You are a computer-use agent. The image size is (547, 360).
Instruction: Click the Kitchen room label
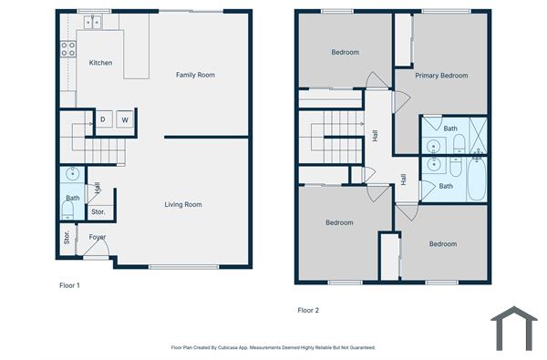[100, 63]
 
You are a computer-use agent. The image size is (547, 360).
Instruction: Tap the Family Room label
[195, 75]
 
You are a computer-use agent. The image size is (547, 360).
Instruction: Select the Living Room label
[182, 204]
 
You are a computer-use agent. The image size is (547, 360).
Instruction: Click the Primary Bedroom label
[441, 76]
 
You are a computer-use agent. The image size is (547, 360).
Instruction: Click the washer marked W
[124, 119]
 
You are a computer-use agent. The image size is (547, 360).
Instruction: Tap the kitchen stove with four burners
[68, 49]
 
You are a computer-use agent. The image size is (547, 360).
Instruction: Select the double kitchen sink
[94, 22]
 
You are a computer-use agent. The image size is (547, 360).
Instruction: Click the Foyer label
[98, 237]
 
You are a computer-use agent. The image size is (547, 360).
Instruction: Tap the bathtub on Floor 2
[476, 179]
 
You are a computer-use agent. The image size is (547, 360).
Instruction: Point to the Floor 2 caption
[309, 310]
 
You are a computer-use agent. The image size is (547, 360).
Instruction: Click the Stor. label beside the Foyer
[67, 240]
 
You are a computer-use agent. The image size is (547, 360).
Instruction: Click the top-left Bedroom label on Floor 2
[344, 53]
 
